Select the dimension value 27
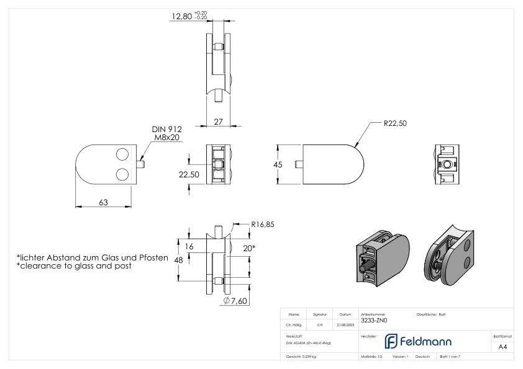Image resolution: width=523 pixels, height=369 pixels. (219, 122)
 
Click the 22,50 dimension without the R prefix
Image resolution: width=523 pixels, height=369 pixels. (189, 176)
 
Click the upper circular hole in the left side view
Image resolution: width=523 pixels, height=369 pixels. (122, 153)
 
